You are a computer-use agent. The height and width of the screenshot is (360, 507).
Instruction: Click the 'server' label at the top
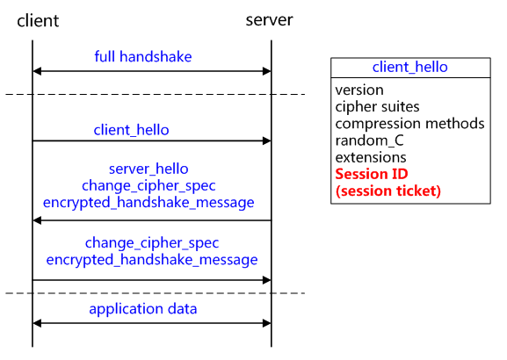pyautogui.click(x=269, y=19)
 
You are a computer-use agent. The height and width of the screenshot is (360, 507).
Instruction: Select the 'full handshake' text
pyautogui.click(x=143, y=57)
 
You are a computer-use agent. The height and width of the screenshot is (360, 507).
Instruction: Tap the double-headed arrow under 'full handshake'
pyautogui.click(x=151, y=72)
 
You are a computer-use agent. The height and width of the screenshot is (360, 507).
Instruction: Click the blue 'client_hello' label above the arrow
pyautogui.click(x=132, y=130)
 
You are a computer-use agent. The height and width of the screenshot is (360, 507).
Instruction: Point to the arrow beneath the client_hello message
pyautogui.click(x=151, y=140)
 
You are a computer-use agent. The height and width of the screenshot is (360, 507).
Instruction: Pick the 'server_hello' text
pyautogui.click(x=148, y=169)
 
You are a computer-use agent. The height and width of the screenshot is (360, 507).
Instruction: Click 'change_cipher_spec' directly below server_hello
pyautogui.click(x=148, y=185)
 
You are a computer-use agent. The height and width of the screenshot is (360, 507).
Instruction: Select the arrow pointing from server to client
pyautogui.click(x=151, y=220)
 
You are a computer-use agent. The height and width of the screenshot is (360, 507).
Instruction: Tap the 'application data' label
pyautogui.click(x=143, y=309)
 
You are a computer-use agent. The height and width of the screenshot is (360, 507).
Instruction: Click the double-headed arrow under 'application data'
pyautogui.click(x=151, y=323)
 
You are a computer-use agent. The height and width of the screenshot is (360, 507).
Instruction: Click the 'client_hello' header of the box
pyautogui.click(x=409, y=67)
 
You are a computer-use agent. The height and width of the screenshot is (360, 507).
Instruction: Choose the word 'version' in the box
pyautogui.click(x=359, y=90)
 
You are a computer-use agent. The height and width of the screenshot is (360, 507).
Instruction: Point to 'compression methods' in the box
pyautogui.click(x=409, y=123)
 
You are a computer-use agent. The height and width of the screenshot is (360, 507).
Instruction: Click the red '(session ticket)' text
pyautogui.click(x=387, y=191)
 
